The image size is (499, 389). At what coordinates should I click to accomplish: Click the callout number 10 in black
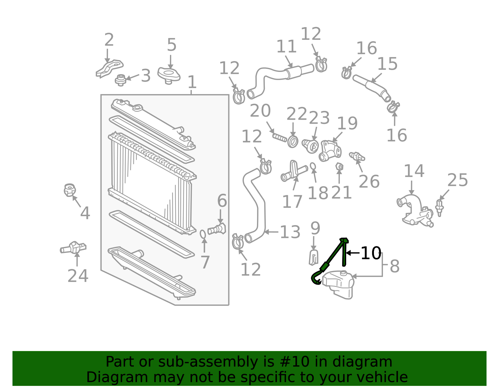371,253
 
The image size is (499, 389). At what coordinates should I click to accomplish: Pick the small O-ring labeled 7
203,234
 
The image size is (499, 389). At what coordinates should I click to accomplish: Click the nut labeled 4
70,190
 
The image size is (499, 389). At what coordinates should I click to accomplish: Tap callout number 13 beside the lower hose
290,232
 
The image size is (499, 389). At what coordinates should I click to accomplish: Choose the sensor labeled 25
439,208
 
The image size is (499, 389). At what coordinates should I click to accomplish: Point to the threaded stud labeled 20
280,138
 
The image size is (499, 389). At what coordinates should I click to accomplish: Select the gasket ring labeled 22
293,142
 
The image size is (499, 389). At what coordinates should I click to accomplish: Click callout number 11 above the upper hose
286,46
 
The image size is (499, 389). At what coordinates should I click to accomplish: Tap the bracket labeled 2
109,69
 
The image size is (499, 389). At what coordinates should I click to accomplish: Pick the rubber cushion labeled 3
121,80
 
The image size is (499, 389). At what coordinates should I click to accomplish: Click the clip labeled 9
314,258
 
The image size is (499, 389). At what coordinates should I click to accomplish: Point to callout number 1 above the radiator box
192,82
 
